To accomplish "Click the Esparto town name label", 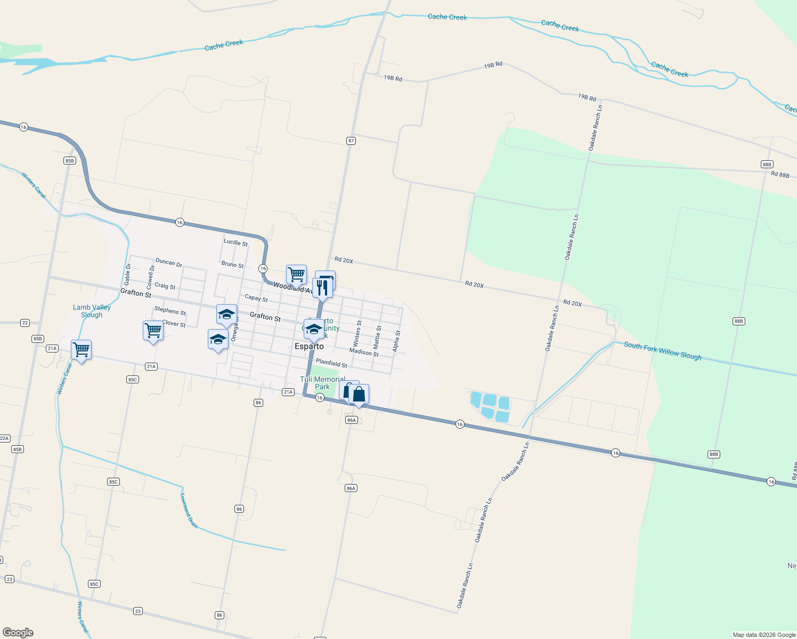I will coord(309,346).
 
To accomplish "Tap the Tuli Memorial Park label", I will coord(322,383).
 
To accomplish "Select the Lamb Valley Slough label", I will coord(92,311).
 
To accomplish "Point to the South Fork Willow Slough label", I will coord(662,351).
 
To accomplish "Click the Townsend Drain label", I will coord(189,510).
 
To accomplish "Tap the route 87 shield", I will coord(351,141).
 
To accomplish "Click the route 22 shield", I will coord(25,323).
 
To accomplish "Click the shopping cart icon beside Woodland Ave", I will coord(296,275).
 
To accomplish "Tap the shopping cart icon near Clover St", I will coord(153,330).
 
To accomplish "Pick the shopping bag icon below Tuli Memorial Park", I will coord(359,395).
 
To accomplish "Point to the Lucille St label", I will coord(235,242).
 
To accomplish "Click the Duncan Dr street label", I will coord(169,263).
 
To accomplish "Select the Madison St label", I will coord(364,353).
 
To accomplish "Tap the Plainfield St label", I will coord(331,363).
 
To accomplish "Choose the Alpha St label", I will coord(396,341).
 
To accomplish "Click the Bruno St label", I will coord(232,264).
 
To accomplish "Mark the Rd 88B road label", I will coord(780,175).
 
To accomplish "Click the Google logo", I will coord(18,632).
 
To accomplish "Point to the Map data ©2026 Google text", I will coord(764,635).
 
